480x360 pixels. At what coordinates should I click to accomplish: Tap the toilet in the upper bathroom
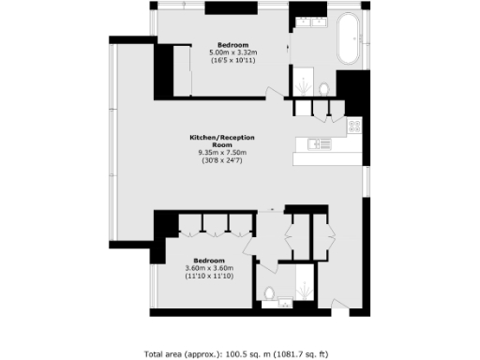point(322,88)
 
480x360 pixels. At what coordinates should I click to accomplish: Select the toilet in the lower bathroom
point(268,292)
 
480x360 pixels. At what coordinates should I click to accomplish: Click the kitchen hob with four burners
point(354,125)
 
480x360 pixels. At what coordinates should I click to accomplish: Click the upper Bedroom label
point(232,45)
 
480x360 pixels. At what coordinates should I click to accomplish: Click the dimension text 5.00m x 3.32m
point(233,52)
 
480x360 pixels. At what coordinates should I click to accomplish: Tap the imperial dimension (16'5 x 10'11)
point(233,60)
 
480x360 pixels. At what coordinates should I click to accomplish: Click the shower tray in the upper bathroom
point(303,83)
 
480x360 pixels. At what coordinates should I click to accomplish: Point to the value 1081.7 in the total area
point(296,353)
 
